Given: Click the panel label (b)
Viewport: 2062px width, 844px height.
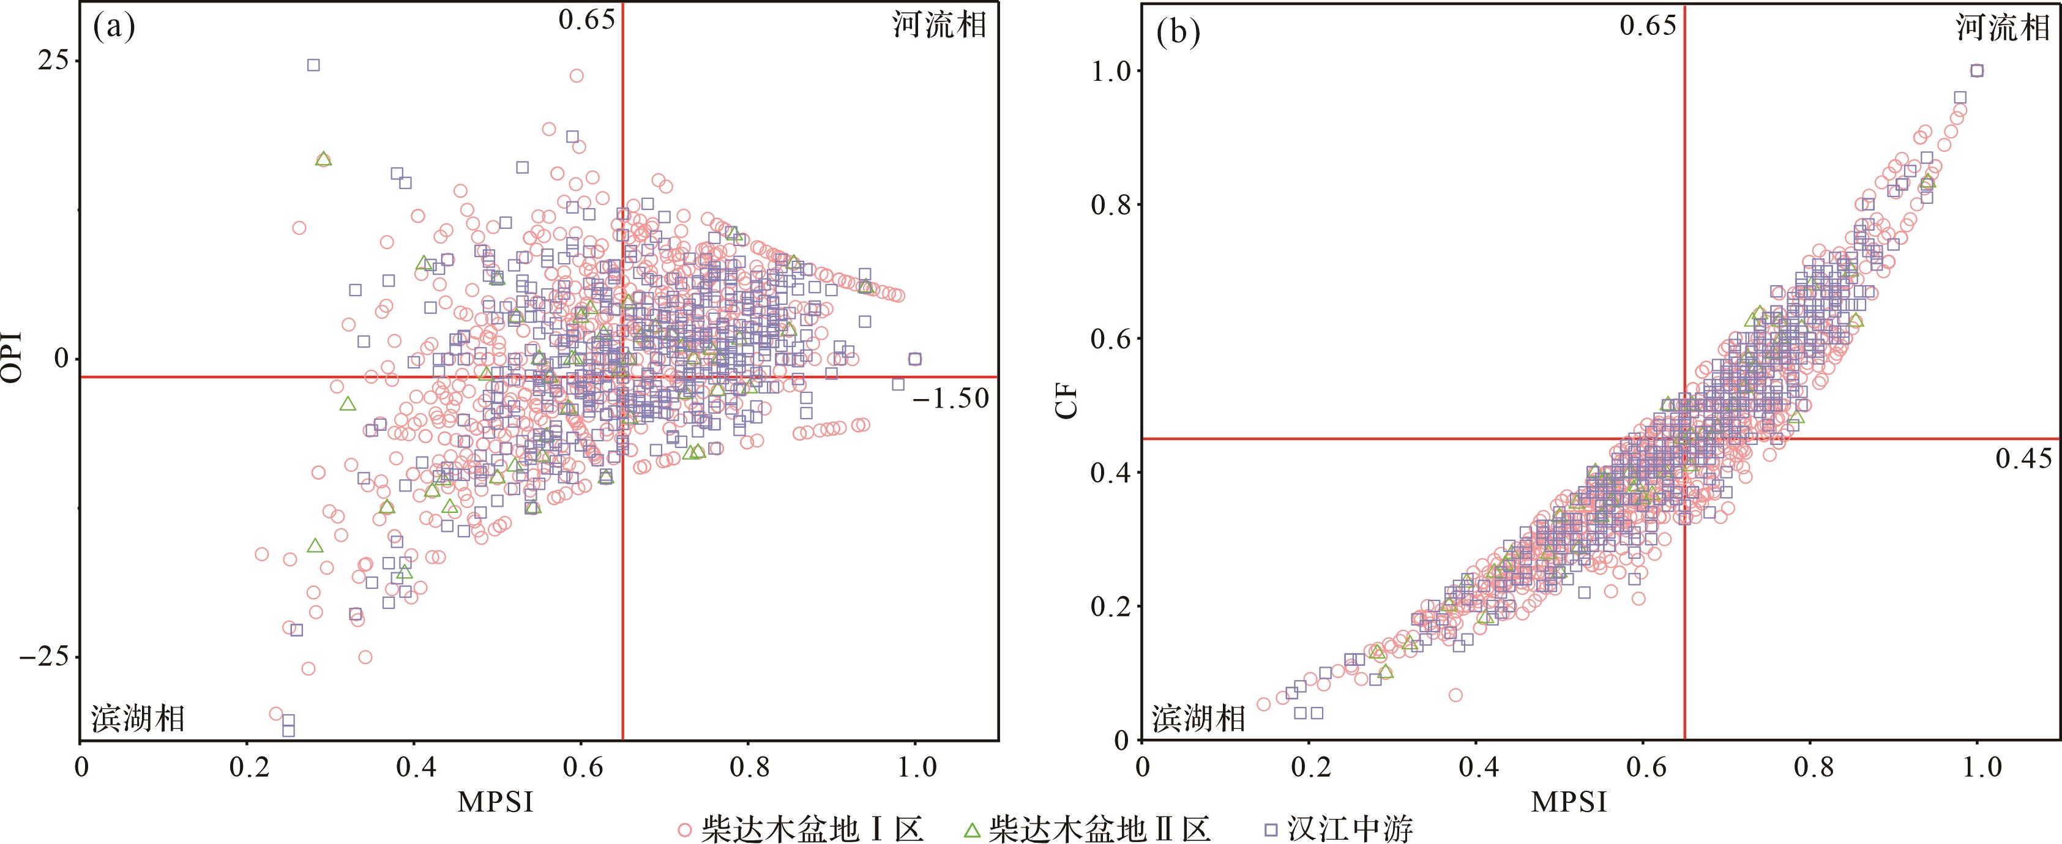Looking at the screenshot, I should (1178, 34).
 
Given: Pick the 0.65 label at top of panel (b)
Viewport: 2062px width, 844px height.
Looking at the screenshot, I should (1648, 26).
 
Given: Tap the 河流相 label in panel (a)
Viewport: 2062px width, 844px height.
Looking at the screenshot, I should (939, 26).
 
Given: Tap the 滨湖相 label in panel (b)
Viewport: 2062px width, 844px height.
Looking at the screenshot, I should (1198, 719).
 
